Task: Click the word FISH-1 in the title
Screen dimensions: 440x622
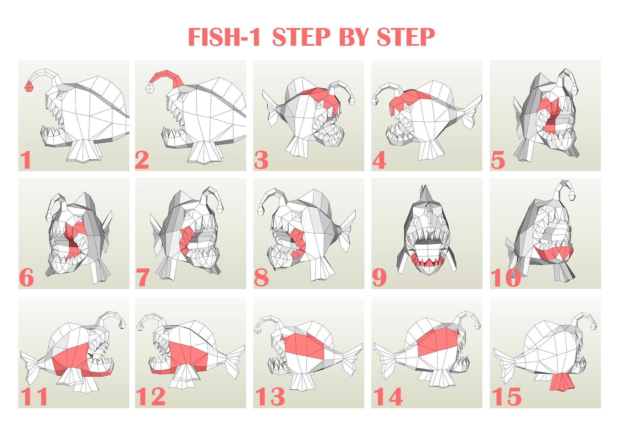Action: tap(224, 37)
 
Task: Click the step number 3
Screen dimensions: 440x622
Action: tap(261, 160)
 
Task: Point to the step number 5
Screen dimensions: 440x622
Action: tap(498, 160)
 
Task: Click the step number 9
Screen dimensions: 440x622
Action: tap(379, 277)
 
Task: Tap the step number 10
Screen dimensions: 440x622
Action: tap(505, 278)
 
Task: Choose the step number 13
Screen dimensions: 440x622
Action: tap(270, 397)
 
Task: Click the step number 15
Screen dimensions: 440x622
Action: tap(507, 397)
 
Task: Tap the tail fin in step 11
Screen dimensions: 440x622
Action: tap(31, 366)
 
